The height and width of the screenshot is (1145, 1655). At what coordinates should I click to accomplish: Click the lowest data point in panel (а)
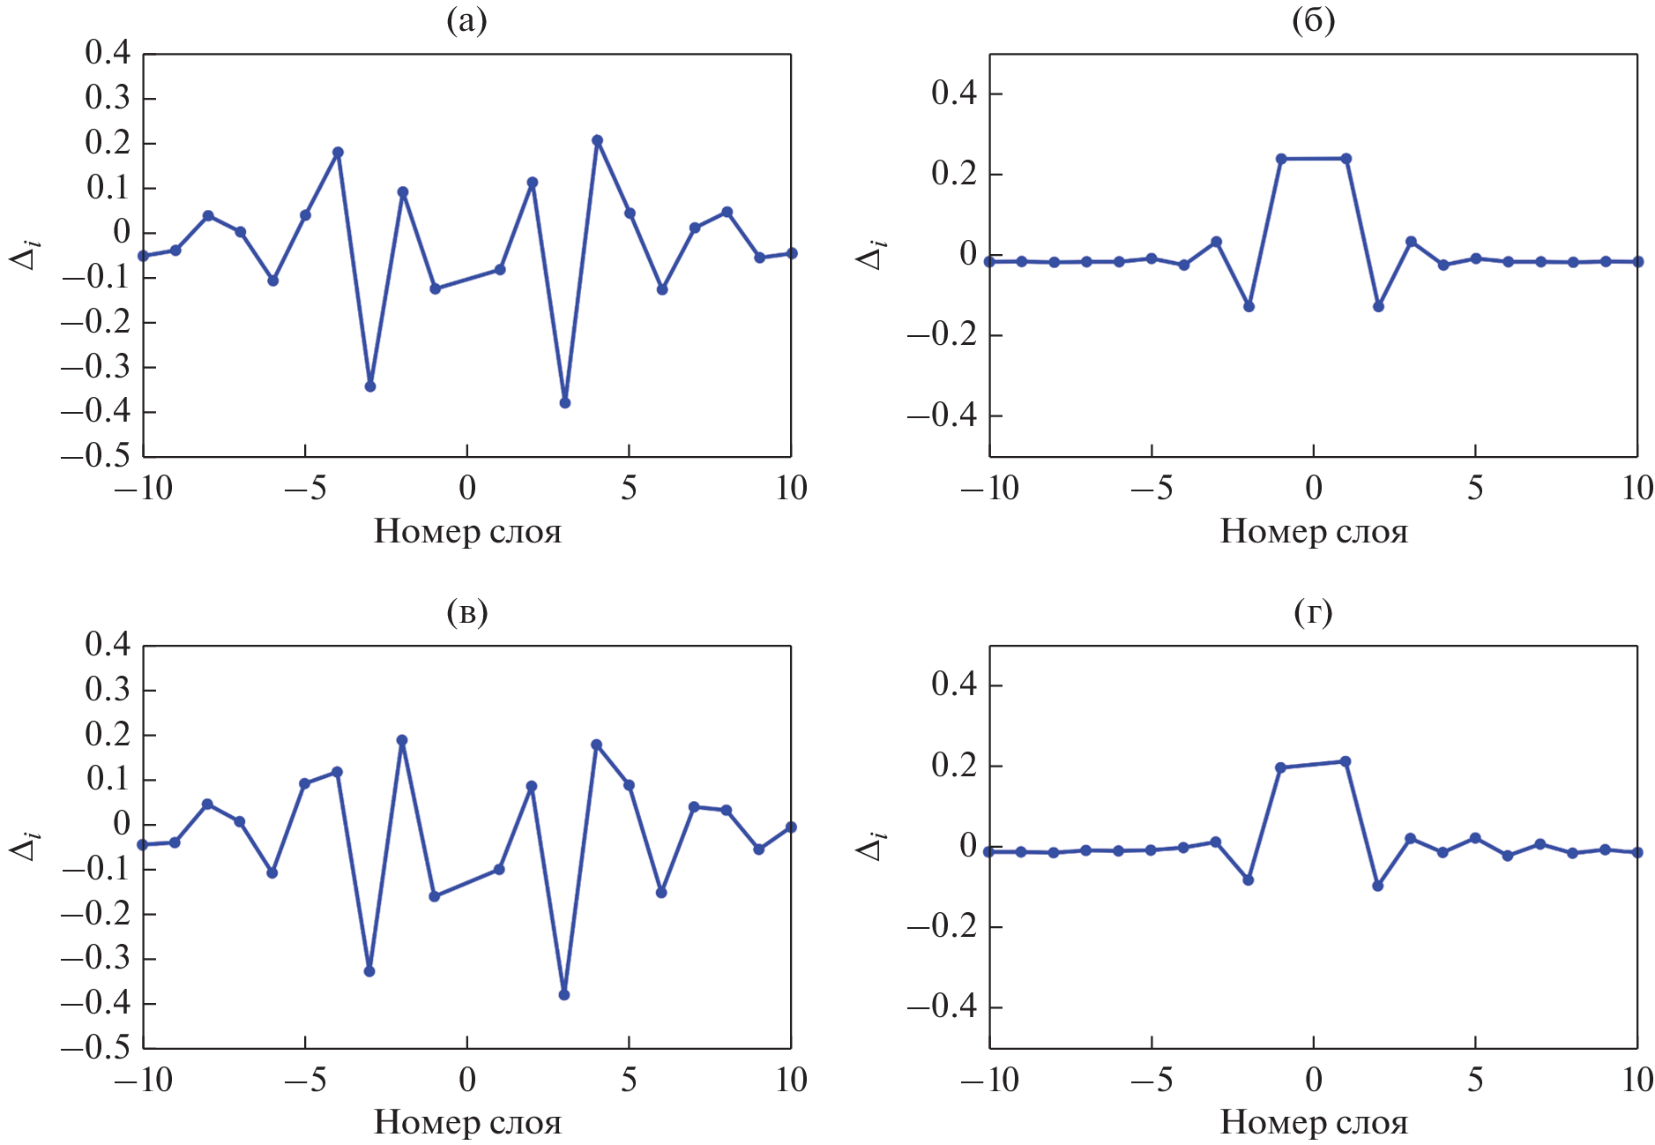click(565, 403)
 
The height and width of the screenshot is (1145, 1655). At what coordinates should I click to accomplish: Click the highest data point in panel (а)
click(597, 140)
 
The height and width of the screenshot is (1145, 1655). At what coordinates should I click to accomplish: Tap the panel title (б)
click(1313, 19)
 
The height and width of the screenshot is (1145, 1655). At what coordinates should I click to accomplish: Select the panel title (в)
click(467, 611)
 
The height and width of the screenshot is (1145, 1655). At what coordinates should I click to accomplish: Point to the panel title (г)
click(1313, 611)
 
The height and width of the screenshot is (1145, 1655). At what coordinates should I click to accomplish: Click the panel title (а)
click(467, 19)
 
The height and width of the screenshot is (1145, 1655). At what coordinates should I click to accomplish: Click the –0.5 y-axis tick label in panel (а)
click(95, 456)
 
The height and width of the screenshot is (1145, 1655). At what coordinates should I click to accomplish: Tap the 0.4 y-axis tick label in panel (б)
click(954, 93)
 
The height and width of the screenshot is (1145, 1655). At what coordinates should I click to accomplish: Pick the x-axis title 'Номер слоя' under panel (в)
click(467, 1122)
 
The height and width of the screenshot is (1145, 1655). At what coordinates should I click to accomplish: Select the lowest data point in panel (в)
click(564, 995)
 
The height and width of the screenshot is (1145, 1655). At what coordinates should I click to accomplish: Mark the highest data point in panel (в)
click(402, 740)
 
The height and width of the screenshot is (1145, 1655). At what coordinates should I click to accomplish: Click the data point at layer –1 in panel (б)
click(1281, 159)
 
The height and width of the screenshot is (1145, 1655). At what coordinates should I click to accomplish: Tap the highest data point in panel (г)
click(1346, 761)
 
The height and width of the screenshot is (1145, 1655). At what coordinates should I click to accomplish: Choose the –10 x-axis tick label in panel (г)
click(989, 1080)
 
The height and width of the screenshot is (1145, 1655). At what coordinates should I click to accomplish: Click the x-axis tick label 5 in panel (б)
click(1475, 488)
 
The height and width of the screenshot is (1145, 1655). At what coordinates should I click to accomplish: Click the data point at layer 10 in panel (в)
click(791, 827)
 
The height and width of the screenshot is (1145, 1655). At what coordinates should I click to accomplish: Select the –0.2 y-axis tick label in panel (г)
click(942, 926)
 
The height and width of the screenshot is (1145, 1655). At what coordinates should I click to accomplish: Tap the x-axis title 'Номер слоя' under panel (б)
click(1314, 531)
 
